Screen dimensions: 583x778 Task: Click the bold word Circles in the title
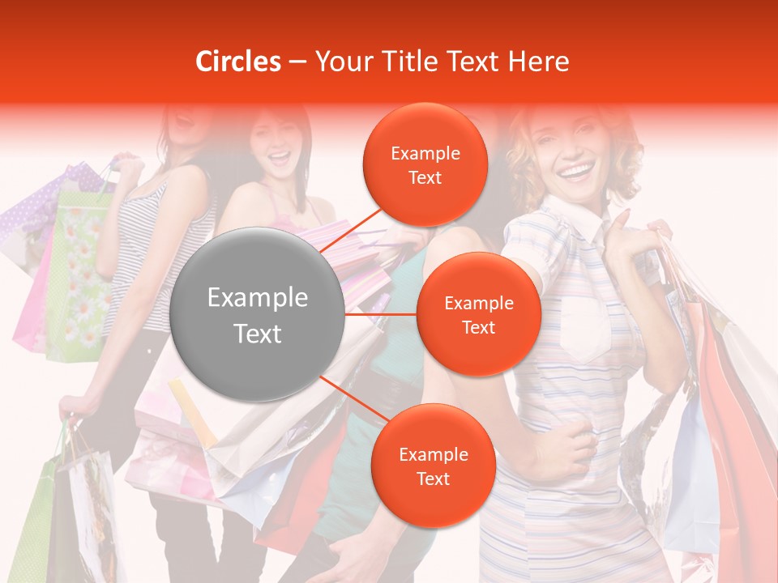click(x=237, y=62)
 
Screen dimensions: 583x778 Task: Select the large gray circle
click(x=258, y=314)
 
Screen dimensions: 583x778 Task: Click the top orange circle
click(x=425, y=164)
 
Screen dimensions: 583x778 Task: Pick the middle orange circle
click(x=478, y=314)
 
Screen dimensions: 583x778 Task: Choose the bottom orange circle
click(x=433, y=466)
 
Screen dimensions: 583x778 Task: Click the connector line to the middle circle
click(x=381, y=314)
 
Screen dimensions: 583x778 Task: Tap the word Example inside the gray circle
click(x=258, y=298)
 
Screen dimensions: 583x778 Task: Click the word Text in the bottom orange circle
click(x=433, y=479)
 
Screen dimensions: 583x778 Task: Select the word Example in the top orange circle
click(x=425, y=153)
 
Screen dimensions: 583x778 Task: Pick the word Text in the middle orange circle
click(x=478, y=327)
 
